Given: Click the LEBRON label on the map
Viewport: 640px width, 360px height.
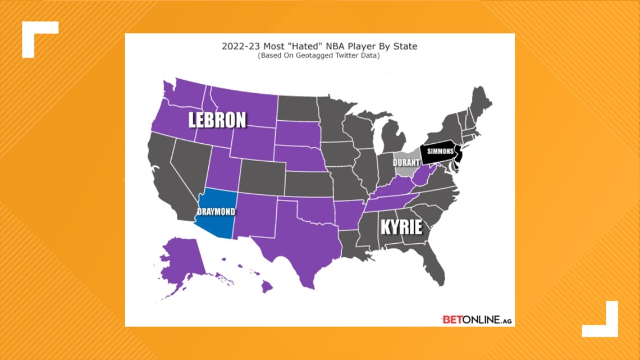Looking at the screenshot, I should point(217,120).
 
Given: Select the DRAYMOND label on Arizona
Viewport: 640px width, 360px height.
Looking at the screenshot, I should point(216,212).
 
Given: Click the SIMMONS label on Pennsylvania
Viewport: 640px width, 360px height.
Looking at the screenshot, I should point(440,152).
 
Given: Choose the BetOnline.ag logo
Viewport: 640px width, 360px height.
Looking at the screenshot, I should point(476,320).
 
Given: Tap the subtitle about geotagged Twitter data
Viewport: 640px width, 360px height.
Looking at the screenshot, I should point(319,56).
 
